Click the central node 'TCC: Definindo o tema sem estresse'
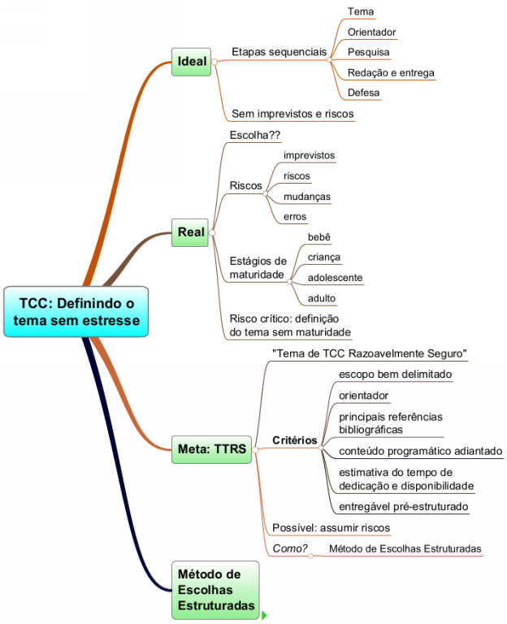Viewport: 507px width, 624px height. tap(76, 312)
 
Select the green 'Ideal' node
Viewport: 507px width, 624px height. tap(192, 61)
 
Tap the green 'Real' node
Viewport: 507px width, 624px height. tap(191, 232)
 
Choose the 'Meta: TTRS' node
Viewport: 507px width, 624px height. tap(212, 449)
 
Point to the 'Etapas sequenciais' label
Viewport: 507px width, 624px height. tap(279, 51)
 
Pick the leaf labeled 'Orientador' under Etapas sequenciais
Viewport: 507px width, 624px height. tap(371, 32)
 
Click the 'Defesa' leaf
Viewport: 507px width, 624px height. tap(363, 93)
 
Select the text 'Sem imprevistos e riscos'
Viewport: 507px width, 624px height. tap(292, 114)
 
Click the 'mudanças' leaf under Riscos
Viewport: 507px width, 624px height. tap(306, 197)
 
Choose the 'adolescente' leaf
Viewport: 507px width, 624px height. tap(335, 278)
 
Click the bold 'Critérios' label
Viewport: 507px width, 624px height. tap(294, 440)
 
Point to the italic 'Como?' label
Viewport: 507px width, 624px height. tap(289, 549)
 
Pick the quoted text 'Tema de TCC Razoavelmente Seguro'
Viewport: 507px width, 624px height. tap(369, 353)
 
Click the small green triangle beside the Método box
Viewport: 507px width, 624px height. tap(264, 616)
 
